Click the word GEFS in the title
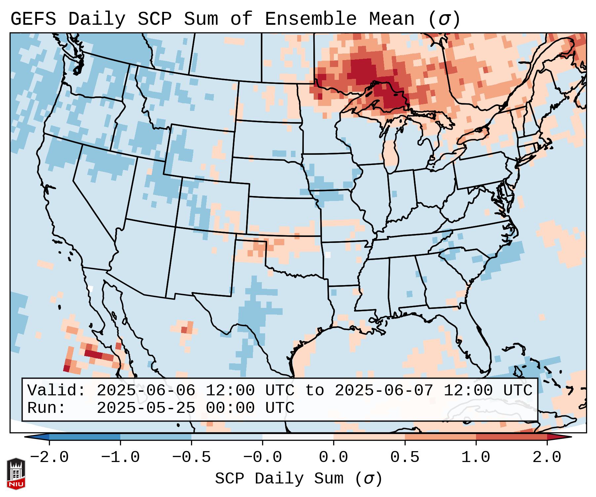pyautogui.click(x=33, y=19)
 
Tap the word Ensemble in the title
pyautogui.click(x=310, y=19)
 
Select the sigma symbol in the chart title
pyautogui.click(x=444, y=19)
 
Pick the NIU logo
pyautogui.click(x=16, y=473)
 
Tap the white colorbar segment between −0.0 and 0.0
pyautogui.click(x=298, y=437)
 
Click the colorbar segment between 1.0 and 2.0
pyautogui.click(x=511, y=437)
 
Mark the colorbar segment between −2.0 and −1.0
pyautogui.click(x=85, y=437)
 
